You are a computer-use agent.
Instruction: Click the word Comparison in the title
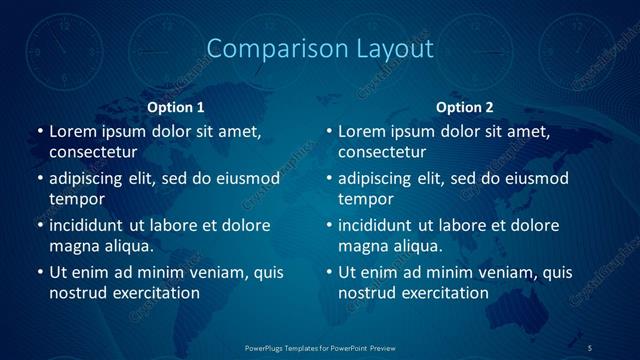[x=267, y=48]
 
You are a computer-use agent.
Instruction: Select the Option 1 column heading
[x=176, y=107]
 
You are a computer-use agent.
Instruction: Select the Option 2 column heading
[x=465, y=107]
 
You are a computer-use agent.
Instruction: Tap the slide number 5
[x=590, y=347]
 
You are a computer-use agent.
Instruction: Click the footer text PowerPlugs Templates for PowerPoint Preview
[x=320, y=347]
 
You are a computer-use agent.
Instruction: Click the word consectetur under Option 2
[x=382, y=153]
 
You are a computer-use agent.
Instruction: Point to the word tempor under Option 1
[x=75, y=199]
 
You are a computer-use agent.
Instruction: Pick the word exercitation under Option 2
[x=441, y=293]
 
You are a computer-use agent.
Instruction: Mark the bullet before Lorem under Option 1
[x=39, y=131]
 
